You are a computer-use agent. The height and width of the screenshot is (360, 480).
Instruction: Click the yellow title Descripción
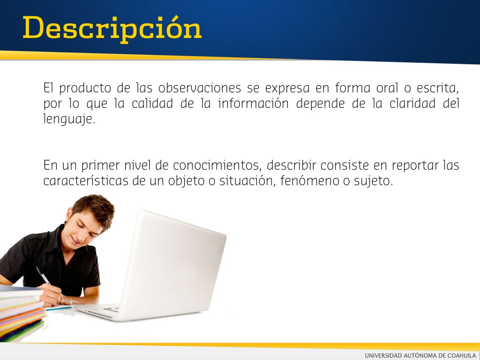click(x=112, y=29)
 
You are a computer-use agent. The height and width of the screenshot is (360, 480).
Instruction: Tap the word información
click(x=253, y=104)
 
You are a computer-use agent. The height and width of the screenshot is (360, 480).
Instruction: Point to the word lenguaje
click(x=69, y=119)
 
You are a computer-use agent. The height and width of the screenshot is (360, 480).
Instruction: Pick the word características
click(x=86, y=181)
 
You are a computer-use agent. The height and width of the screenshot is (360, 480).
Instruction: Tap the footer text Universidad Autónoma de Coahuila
click(x=420, y=355)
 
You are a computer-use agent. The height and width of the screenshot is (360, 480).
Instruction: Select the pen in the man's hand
click(x=43, y=276)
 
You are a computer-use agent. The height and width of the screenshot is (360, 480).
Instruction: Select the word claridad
click(x=412, y=104)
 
